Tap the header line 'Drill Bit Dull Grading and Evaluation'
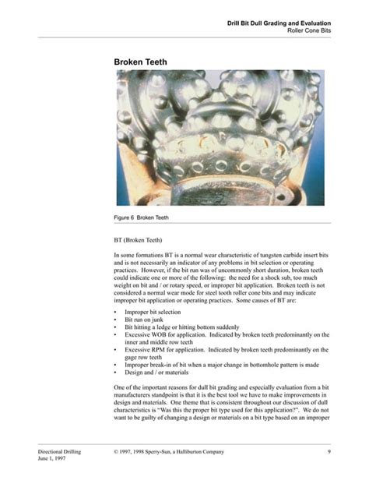(x=279, y=23)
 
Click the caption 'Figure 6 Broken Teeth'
(x=142, y=217)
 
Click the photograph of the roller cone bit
(x=220, y=138)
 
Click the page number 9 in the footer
(x=329, y=451)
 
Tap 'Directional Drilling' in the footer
(x=62, y=451)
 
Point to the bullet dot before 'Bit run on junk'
(x=116, y=320)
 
